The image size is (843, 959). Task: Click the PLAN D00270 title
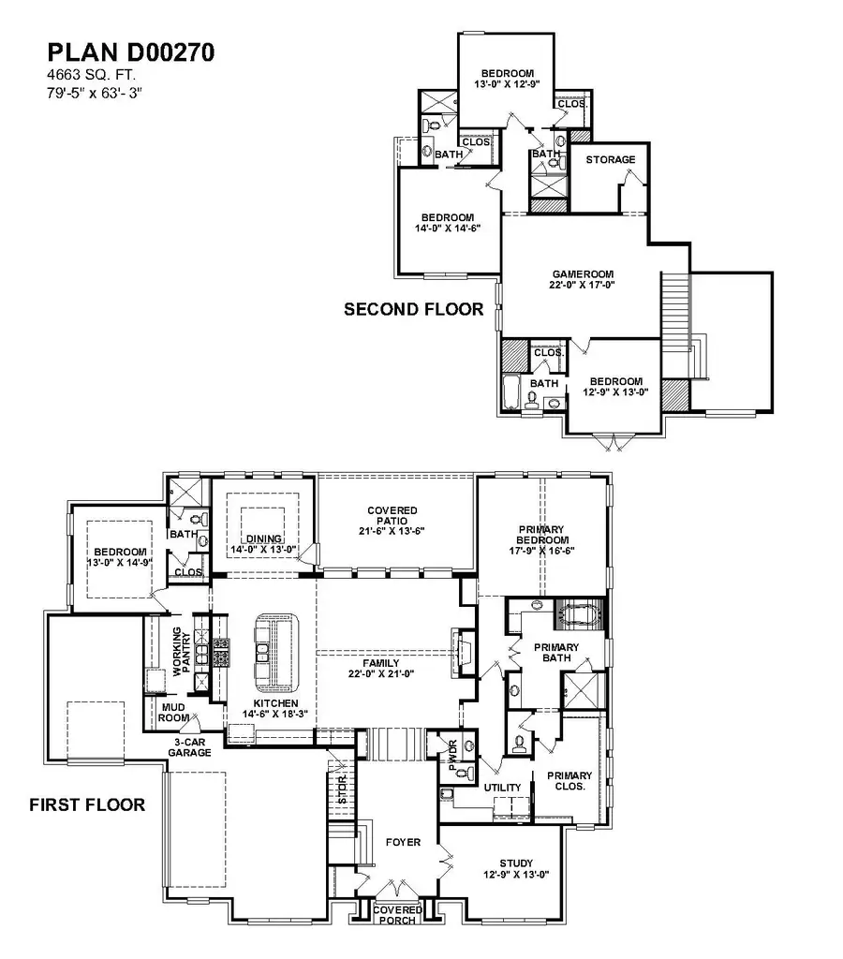click(131, 52)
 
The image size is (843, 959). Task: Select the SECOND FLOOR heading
click(413, 309)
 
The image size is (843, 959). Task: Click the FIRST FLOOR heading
click(86, 804)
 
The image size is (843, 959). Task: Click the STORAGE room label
click(610, 160)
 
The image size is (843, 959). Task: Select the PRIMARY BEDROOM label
click(543, 535)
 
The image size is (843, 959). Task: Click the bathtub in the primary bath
click(578, 615)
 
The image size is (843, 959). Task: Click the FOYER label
click(404, 842)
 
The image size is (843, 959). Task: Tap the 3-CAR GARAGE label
click(190, 746)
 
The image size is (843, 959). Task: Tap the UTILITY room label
click(502, 788)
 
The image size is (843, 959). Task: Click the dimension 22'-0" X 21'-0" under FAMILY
click(375, 672)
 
